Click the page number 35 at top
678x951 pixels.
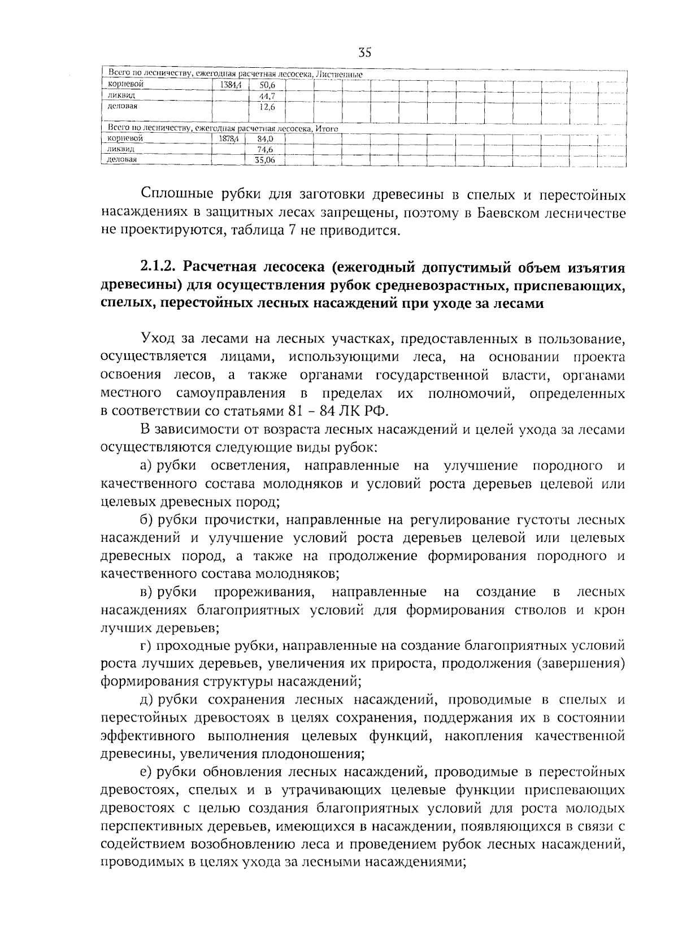click(364, 54)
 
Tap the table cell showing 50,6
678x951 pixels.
click(263, 86)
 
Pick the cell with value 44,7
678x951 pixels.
click(263, 96)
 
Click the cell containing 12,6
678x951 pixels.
click(263, 107)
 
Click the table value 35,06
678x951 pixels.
click(264, 160)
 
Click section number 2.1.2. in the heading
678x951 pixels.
click(158, 267)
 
